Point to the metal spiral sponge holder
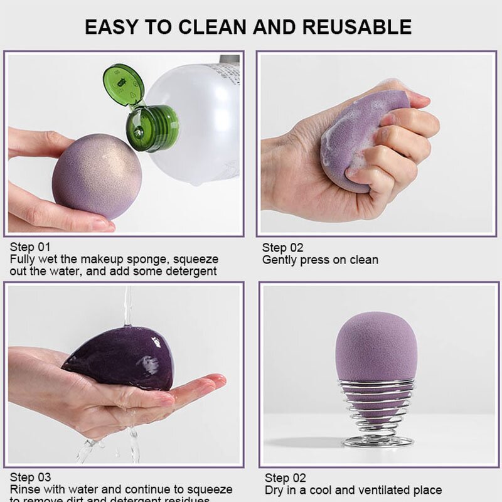(377, 414)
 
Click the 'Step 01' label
(30, 247)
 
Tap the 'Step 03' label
(30, 478)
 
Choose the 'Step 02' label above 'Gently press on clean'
(282, 248)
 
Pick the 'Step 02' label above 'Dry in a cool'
(285, 478)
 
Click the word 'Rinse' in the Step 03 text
(24, 489)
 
